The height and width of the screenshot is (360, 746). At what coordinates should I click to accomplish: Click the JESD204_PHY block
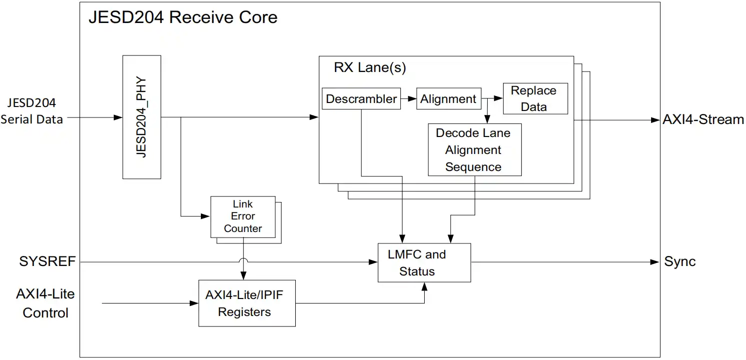tap(142, 117)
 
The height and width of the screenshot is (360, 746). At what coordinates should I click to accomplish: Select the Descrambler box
tap(361, 99)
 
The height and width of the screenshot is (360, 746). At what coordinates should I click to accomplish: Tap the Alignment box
tap(448, 99)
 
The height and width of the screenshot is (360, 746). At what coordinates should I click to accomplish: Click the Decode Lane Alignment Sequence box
tap(474, 149)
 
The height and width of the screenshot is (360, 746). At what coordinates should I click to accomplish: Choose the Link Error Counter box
tap(243, 216)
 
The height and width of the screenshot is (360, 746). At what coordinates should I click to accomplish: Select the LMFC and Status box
tap(424, 263)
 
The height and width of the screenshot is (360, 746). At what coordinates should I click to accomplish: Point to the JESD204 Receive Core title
tap(183, 17)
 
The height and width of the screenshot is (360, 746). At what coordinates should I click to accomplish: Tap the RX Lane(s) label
tap(370, 68)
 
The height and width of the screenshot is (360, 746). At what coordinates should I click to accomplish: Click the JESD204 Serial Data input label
tap(32, 111)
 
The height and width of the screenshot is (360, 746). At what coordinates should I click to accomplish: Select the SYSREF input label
tap(47, 261)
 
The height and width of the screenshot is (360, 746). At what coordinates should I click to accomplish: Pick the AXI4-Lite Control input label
tap(45, 303)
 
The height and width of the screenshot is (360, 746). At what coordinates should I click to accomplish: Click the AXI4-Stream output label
tap(703, 120)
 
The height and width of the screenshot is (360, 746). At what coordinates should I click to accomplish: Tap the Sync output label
tap(680, 262)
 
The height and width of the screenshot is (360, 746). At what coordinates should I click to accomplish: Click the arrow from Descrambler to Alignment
tap(409, 99)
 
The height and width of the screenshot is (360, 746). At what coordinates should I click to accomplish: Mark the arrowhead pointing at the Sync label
tap(655, 262)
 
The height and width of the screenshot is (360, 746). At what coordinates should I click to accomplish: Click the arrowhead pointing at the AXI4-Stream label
tap(655, 120)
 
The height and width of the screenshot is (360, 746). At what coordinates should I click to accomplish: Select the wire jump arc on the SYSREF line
tap(243, 260)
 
